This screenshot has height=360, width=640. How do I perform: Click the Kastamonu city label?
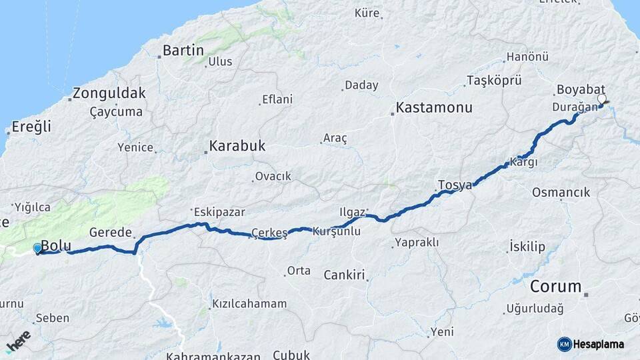(434, 107)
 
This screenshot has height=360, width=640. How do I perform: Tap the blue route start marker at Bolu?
(37, 248)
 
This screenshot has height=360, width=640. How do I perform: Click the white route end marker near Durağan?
(602, 99)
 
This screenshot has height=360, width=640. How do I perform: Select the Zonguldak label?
(109, 93)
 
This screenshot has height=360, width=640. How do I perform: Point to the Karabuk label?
(237, 145)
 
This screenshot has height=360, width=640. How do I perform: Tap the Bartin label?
(183, 50)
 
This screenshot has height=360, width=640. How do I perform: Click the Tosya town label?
(455, 185)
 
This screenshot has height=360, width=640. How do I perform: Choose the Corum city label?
(556, 287)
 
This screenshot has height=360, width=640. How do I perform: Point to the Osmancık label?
(561, 193)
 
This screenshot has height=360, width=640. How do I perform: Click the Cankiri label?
(345, 275)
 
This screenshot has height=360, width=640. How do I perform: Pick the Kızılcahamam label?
(249, 304)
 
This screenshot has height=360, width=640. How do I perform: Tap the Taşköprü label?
(493, 80)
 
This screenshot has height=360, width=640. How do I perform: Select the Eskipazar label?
(220, 212)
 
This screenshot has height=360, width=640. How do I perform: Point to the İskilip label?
(527, 247)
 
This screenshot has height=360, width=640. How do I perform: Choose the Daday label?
(361, 85)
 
